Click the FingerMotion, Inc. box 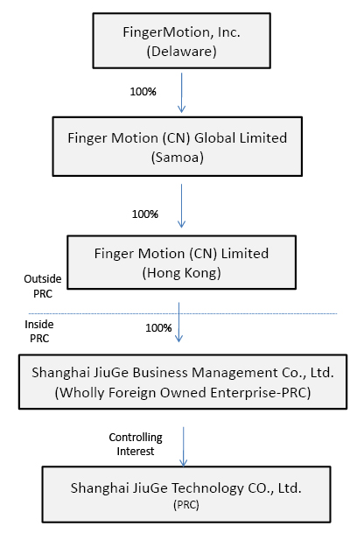[x=181, y=41]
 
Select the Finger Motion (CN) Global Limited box [x=177, y=146]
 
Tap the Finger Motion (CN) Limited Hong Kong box [x=181, y=263]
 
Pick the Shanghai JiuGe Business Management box [x=183, y=382]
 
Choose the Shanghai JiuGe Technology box [x=186, y=494]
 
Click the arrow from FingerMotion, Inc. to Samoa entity [x=181, y=93]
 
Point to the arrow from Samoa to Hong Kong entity [x=181, y=206]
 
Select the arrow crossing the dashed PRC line [x=178, y=322]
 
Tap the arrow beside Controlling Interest [x=183, y=446]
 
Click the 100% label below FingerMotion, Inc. [x=143, y=92]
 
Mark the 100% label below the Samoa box [x=145, y=214]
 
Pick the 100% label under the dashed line [x=158, y=328]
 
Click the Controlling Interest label [x=136, y=444]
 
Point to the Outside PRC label [x=43, y=286]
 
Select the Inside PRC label [x=39, y=332]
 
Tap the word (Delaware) [x=181, y=52]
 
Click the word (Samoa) [x=178, y=158]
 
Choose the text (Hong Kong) [x=181, y=273]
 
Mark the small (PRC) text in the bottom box [x=186, y=505]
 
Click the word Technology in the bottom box [x=207, y=488]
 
